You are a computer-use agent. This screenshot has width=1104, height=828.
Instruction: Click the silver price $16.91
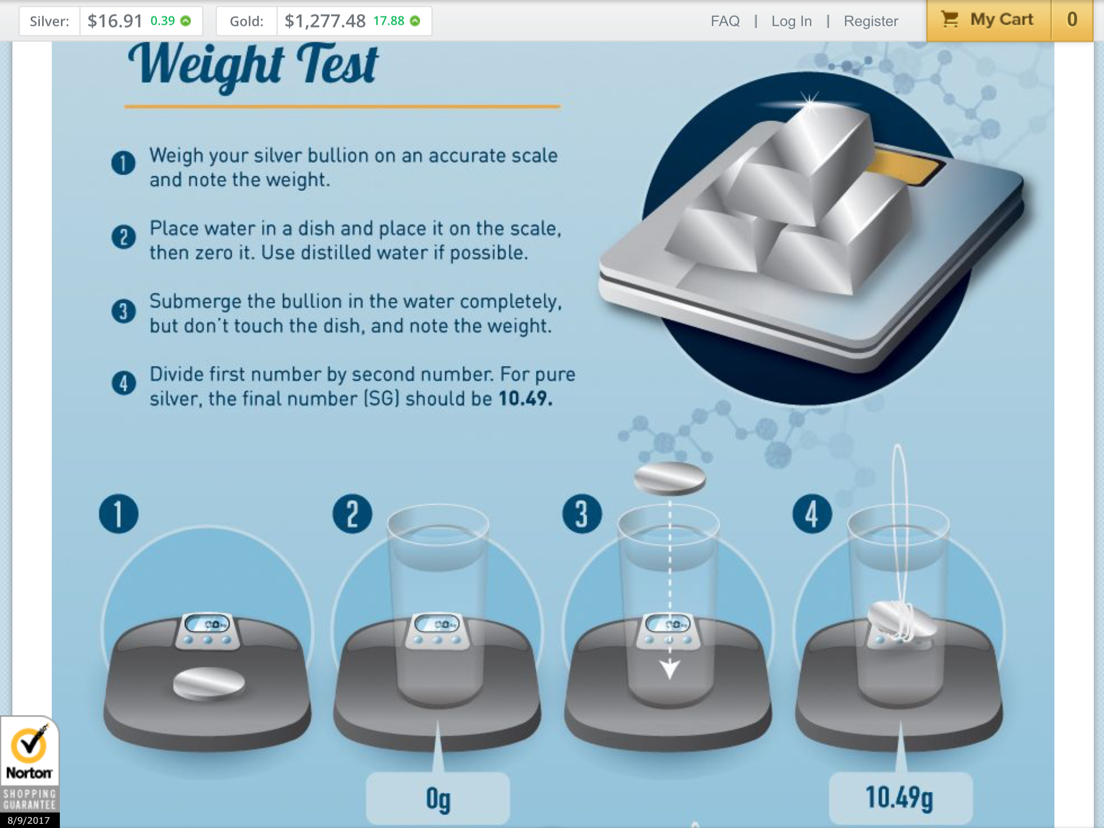115,21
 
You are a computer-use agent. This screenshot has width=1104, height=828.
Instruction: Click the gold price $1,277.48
325,21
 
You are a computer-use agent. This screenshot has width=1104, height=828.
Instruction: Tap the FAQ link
725,21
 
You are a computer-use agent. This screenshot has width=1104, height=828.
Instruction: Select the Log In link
791,21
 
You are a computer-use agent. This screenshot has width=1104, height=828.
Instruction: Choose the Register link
871,21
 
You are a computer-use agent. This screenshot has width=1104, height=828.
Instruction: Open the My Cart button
989,20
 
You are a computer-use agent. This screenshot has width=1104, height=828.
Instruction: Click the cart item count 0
1072,20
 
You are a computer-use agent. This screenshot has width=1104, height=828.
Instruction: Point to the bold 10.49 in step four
525,399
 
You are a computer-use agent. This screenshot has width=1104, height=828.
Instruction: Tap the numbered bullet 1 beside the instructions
123,163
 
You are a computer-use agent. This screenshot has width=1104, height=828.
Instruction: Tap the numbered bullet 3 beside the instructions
123,311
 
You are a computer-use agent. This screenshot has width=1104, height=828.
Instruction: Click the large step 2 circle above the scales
353,514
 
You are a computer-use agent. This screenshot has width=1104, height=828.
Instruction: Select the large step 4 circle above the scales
812,514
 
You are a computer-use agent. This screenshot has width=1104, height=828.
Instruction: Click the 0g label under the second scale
438,799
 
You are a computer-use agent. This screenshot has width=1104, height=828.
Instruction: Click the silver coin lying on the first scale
209,683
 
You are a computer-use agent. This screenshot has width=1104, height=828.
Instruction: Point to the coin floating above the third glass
670,478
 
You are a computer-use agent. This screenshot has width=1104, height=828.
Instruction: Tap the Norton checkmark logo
30,747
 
